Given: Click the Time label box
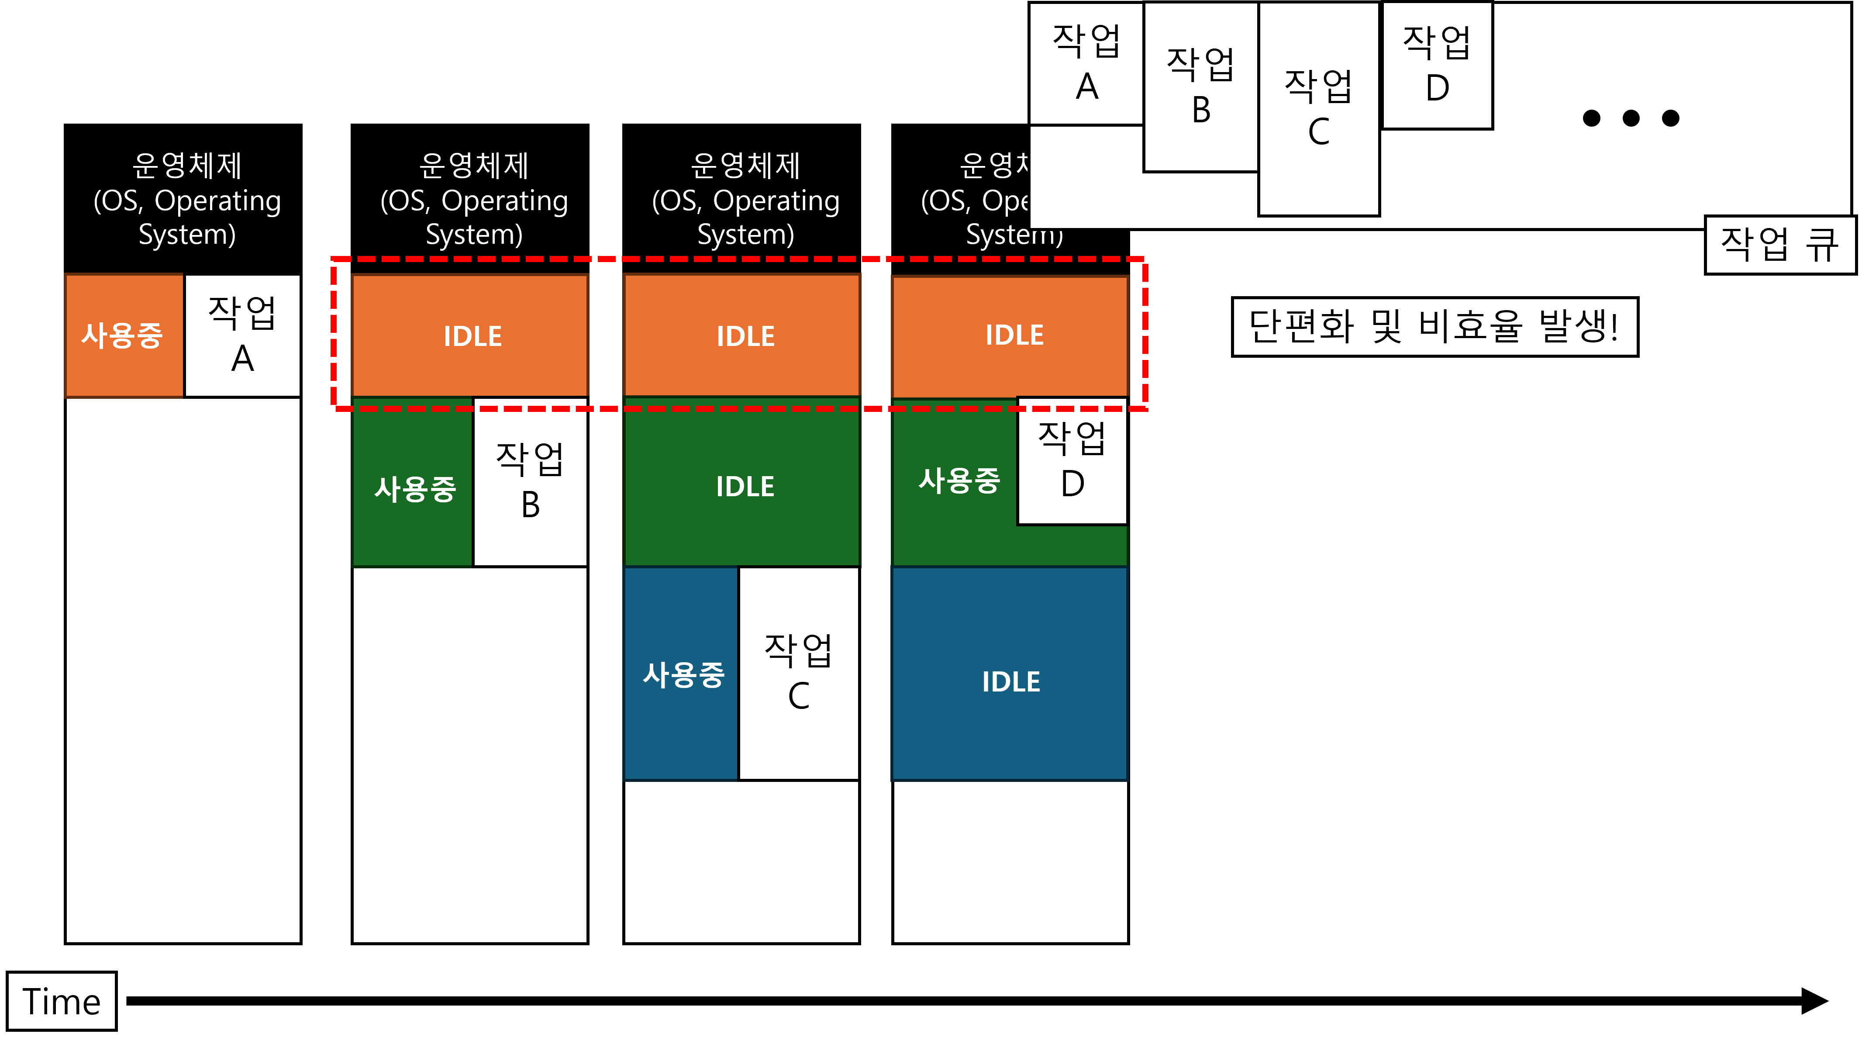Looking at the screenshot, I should [62, 1001].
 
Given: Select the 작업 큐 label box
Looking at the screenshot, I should [1779, 244].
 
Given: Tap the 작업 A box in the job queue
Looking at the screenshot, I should [1086, 64].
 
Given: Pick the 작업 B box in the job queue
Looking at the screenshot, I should [1200, 87].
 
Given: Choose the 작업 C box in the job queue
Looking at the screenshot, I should [1318, 108].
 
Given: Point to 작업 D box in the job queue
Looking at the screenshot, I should [1437, 65].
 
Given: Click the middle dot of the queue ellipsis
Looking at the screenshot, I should [1631, 118].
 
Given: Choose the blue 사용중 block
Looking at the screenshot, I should [683, 674].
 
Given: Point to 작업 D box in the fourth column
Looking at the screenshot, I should [1072, 460].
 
